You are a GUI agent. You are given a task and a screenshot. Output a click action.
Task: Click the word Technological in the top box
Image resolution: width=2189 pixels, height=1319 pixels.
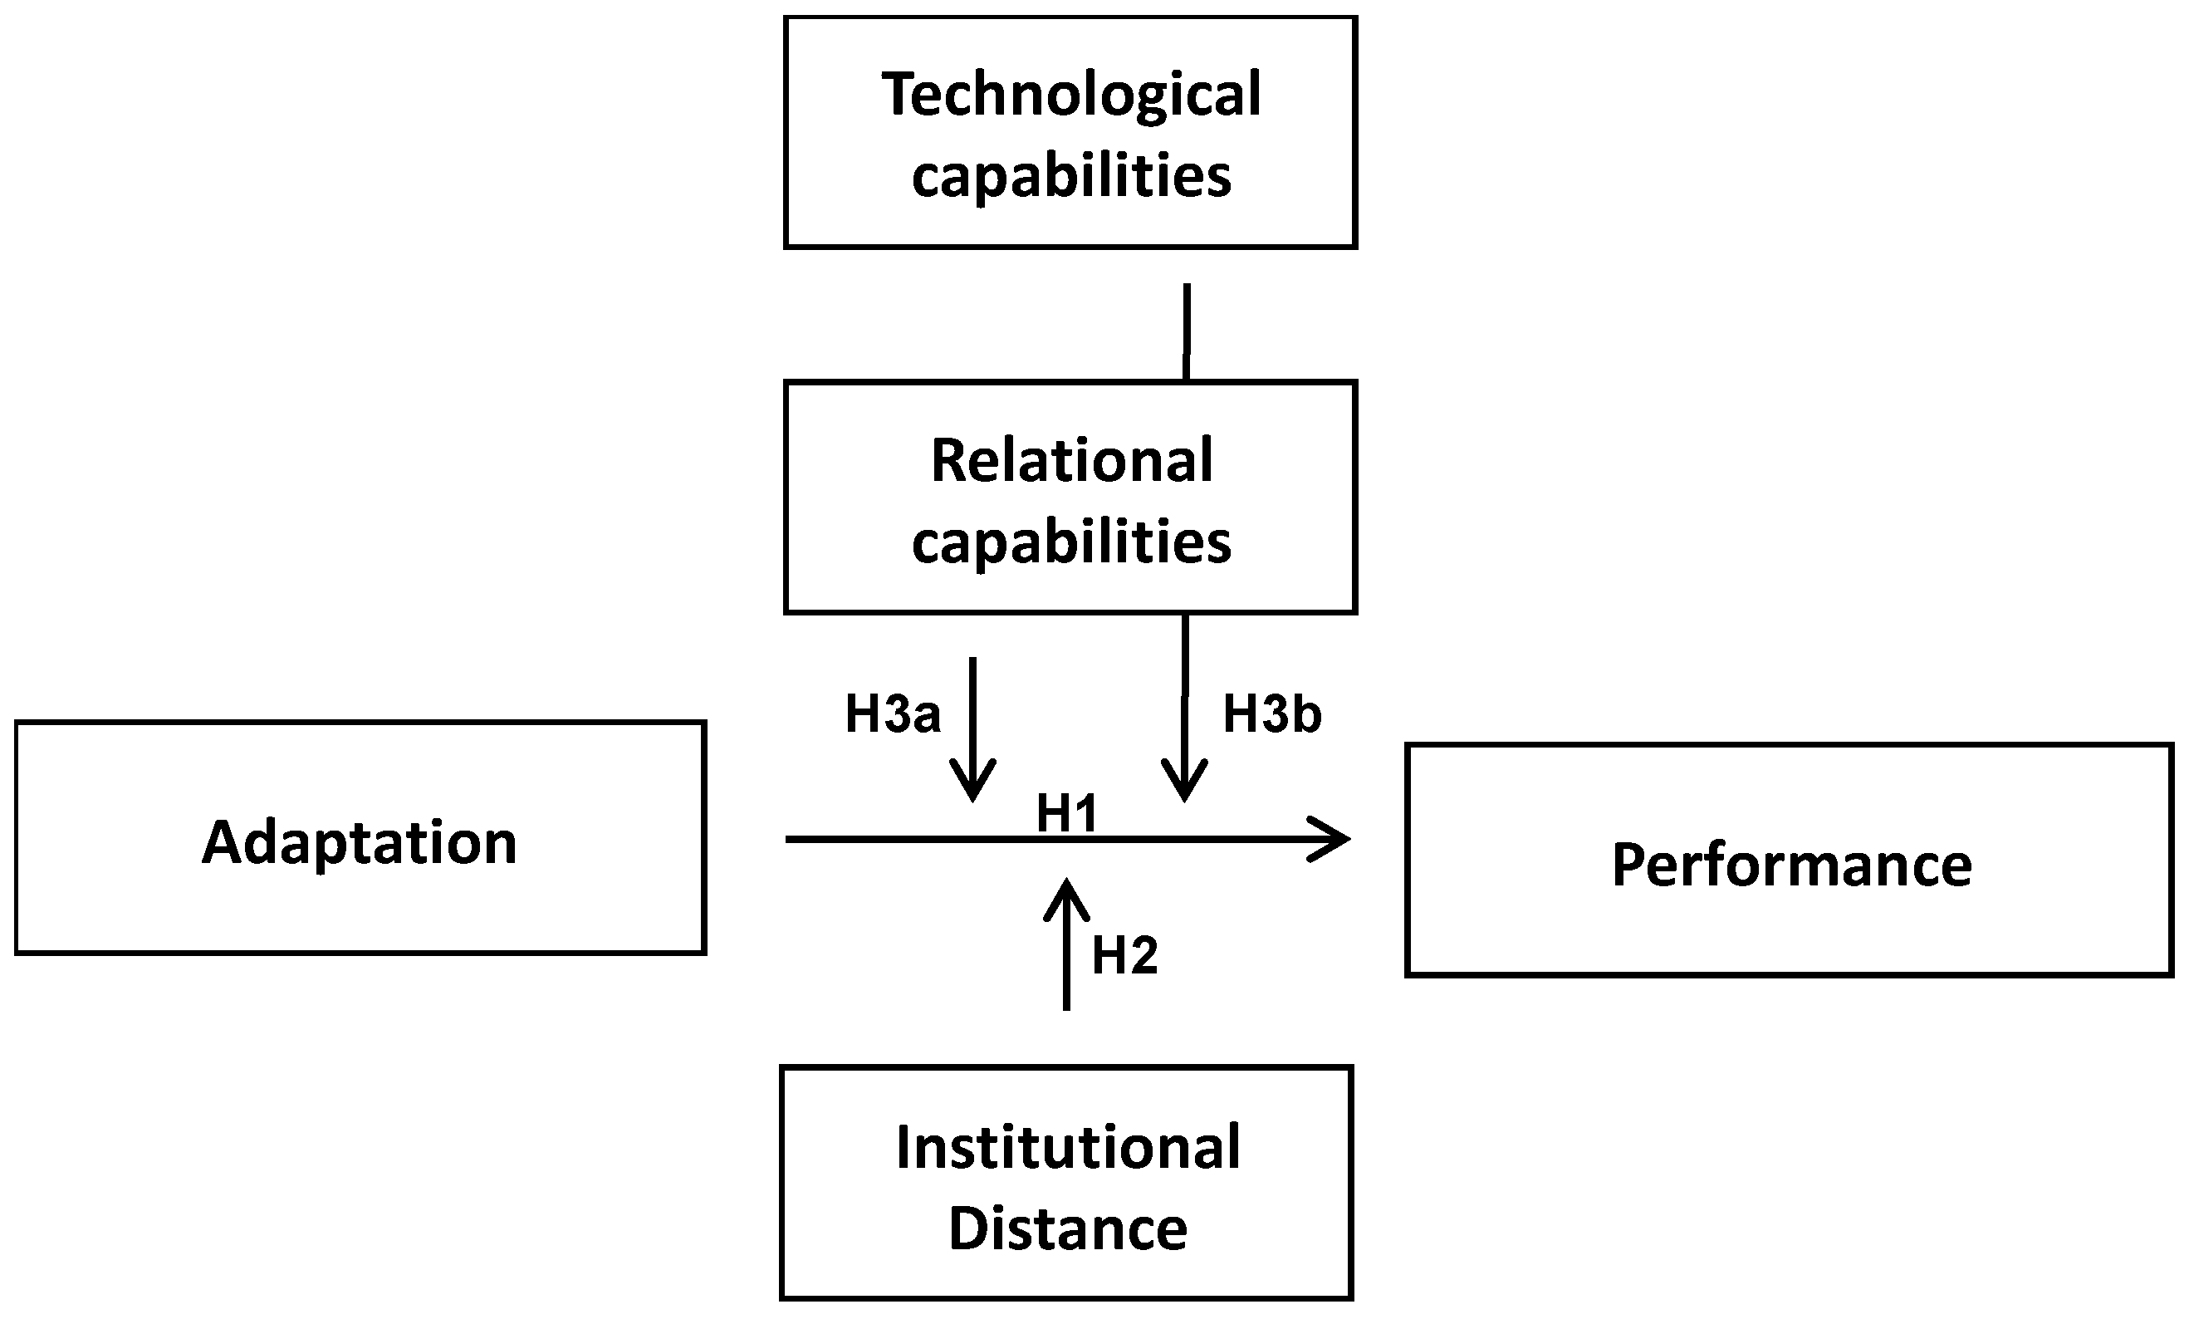click(1070, 95)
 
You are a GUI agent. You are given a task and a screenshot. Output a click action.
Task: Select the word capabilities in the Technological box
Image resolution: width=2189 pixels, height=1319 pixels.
click(1071, 176)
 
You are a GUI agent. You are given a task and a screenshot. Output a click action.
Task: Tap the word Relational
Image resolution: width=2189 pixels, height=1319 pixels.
click(1071, 461)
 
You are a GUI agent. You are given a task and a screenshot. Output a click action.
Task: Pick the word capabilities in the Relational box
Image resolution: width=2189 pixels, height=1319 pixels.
click(1071, 542)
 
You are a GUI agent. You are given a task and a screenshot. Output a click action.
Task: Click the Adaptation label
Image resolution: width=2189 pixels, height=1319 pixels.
click(360, 842)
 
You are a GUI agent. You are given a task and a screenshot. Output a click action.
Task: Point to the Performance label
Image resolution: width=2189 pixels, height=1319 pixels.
click(1791, 865)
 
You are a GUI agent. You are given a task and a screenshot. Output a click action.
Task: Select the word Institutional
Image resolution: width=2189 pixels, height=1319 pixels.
click(1068, 1147)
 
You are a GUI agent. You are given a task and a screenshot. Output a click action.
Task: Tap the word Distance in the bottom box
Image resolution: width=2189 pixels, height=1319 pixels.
click(1068, 1228)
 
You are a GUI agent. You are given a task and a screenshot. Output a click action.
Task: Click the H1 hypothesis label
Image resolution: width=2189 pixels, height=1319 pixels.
click(1067, 813)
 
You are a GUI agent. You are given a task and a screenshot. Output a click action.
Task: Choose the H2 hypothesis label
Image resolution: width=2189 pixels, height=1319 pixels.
click(1124, 955)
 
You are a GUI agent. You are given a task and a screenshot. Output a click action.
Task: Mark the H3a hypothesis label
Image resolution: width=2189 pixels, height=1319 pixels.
click(892, 713)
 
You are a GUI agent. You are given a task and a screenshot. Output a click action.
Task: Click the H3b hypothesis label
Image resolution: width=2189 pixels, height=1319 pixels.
click(1272, 713)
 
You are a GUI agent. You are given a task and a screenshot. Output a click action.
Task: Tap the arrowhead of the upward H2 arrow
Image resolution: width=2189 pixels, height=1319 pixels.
click(1066, 893)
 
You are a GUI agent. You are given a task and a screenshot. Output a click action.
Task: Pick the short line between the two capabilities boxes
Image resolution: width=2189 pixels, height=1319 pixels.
click(1187, 331)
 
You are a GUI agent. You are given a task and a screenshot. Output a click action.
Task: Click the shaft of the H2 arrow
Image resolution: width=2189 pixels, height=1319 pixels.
click(1066, 964)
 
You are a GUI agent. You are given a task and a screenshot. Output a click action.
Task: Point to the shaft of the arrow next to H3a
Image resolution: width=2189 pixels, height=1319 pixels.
click(972, 711)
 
